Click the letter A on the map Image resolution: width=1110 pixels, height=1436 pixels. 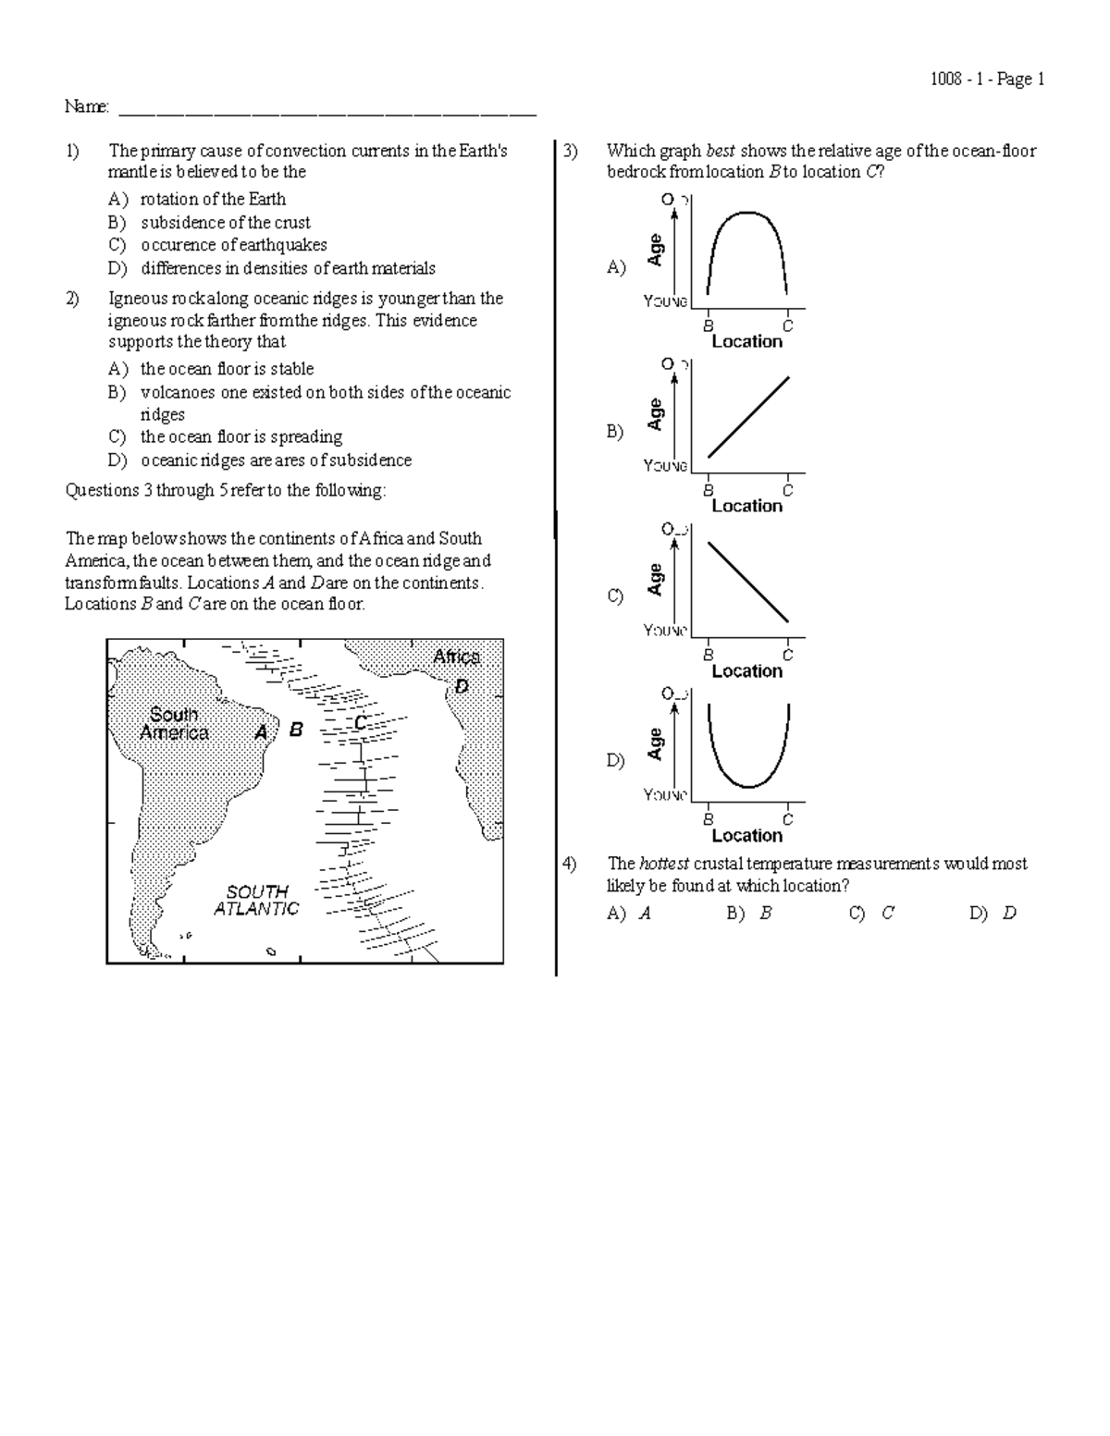(262, 731)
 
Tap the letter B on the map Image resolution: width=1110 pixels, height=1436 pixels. (296, 730)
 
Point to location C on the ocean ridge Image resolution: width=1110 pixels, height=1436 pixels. (361, 722)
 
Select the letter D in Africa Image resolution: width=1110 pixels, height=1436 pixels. (462, 687)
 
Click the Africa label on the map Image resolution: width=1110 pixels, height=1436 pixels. (456, 657)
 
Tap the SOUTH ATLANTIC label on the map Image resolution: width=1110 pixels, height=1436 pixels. (257, 900)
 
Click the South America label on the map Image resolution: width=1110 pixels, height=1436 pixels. (174, 724)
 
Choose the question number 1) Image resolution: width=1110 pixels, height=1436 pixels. (72, 151)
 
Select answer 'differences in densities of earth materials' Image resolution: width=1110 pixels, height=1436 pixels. (288, 268)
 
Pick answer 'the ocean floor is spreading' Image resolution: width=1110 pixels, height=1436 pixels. (240, 436)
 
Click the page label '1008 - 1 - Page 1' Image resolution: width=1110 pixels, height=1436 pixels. (987, 80)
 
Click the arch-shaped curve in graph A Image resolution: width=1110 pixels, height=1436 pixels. (746, 214)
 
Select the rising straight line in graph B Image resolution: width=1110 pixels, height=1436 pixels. (748, 416)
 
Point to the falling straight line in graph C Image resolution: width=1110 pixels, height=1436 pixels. (748, 582)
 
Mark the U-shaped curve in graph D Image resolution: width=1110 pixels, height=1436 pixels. (748, 786)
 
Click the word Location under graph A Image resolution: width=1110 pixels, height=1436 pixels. (746, 341)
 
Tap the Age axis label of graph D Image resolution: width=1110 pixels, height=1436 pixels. (656, 743)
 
